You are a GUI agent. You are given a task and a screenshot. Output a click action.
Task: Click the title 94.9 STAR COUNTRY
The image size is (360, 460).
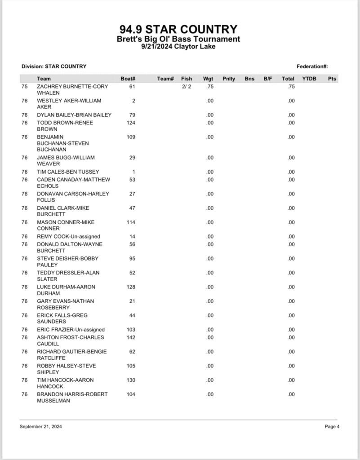tap(178, 30)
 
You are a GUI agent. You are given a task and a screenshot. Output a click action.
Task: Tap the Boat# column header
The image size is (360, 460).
tap(128, 79)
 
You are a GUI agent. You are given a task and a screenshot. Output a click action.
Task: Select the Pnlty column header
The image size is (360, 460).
tap(228, 79)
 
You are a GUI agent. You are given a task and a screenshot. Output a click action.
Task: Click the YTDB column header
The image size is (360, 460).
tap(309, 79)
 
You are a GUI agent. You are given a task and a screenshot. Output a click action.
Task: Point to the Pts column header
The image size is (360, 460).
tap(332, 79)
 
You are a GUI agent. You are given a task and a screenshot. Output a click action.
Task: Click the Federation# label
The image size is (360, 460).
tap(312, 66)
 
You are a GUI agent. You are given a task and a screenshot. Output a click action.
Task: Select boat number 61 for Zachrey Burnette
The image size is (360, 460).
tap(132, 87)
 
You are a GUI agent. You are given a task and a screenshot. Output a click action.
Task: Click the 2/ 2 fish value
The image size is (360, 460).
tap(187, 87)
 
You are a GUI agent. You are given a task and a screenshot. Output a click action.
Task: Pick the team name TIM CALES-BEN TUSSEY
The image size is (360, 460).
tap(68, 172)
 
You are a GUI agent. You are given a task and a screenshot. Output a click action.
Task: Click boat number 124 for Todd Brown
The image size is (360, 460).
tap(131, 123)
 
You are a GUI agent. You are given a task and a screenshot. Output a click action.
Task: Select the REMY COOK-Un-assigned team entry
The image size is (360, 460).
tap(68, 236)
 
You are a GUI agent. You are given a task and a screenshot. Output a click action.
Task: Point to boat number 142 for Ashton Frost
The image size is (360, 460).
tap(131, 337)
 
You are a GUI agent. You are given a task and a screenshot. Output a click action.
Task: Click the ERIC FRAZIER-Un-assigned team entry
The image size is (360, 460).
tap(71, 330)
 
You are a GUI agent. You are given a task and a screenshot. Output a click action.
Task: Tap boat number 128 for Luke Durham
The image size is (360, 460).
tap(131, 287)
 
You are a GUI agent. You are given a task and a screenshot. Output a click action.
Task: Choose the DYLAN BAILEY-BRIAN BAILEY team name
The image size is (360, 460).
tap(74, 115)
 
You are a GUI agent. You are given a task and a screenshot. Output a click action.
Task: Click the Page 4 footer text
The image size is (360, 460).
tap(332, 427)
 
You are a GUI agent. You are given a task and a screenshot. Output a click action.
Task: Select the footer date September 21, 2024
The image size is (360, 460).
tap(40, 427)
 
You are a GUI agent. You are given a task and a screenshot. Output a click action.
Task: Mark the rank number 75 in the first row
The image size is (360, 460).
tap(25, 87)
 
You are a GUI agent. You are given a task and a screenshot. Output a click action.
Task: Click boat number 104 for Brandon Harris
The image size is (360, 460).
tap(131, 394)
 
